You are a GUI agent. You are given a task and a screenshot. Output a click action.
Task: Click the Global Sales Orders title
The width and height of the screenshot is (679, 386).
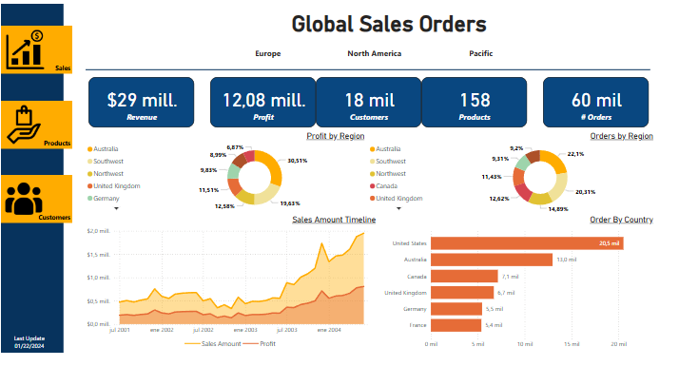tap(388, 24)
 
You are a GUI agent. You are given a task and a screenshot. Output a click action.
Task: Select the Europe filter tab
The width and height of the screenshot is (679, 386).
tap(267, 53)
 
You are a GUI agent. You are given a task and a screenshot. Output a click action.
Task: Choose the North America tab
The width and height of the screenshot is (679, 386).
tap(374, 53)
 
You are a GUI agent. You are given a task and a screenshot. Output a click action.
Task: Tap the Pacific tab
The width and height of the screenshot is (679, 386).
tap(480, 53)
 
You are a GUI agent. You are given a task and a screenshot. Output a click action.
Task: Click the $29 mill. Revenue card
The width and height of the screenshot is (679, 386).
tap(142, 103)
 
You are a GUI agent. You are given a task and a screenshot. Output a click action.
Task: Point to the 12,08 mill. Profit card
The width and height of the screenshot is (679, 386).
tap(263, 103)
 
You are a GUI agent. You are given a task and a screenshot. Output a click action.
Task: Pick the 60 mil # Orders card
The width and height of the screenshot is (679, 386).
tap(596, 103)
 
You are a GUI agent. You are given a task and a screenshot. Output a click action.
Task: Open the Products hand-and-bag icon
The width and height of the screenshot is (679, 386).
tap(26, 124)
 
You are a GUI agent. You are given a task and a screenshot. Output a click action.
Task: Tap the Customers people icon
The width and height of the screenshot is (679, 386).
tap(25, 198)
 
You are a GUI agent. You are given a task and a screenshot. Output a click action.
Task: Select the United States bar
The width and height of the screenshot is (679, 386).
tap(528, 243)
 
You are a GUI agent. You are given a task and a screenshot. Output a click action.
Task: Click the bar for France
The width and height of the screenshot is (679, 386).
tap(456, 325)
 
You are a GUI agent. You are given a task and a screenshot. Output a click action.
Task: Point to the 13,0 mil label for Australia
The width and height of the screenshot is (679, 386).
tap(566, 260)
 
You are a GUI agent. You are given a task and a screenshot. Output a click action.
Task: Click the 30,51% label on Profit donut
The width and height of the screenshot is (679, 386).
tap(296, 161)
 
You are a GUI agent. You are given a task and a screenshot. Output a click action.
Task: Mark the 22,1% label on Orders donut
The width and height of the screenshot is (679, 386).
tap(575, 154)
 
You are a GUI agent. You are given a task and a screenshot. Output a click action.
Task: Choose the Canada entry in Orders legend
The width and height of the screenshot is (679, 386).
tap(386, 185)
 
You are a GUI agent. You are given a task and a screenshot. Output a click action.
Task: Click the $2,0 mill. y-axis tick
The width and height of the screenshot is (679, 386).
tap(100, 231)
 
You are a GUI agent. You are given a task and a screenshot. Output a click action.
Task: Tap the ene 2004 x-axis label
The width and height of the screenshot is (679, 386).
tap(328, 330)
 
